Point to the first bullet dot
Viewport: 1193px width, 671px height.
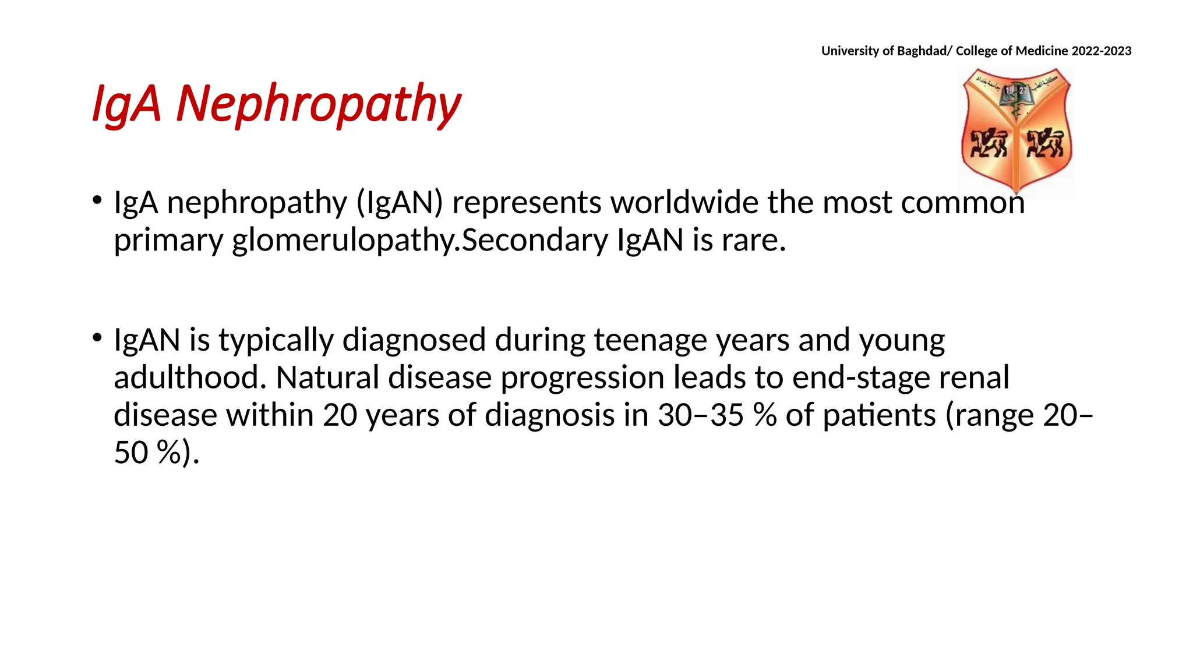coord(97,200)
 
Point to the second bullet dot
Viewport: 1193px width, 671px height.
coord(97,337)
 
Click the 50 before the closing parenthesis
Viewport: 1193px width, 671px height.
coord(130,453)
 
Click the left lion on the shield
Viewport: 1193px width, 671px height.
coord(987,143)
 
